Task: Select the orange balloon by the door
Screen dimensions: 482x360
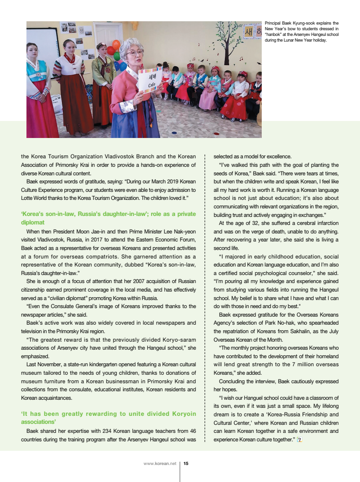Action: click(116, 45)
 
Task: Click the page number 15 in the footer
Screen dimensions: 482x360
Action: click(186, 464)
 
